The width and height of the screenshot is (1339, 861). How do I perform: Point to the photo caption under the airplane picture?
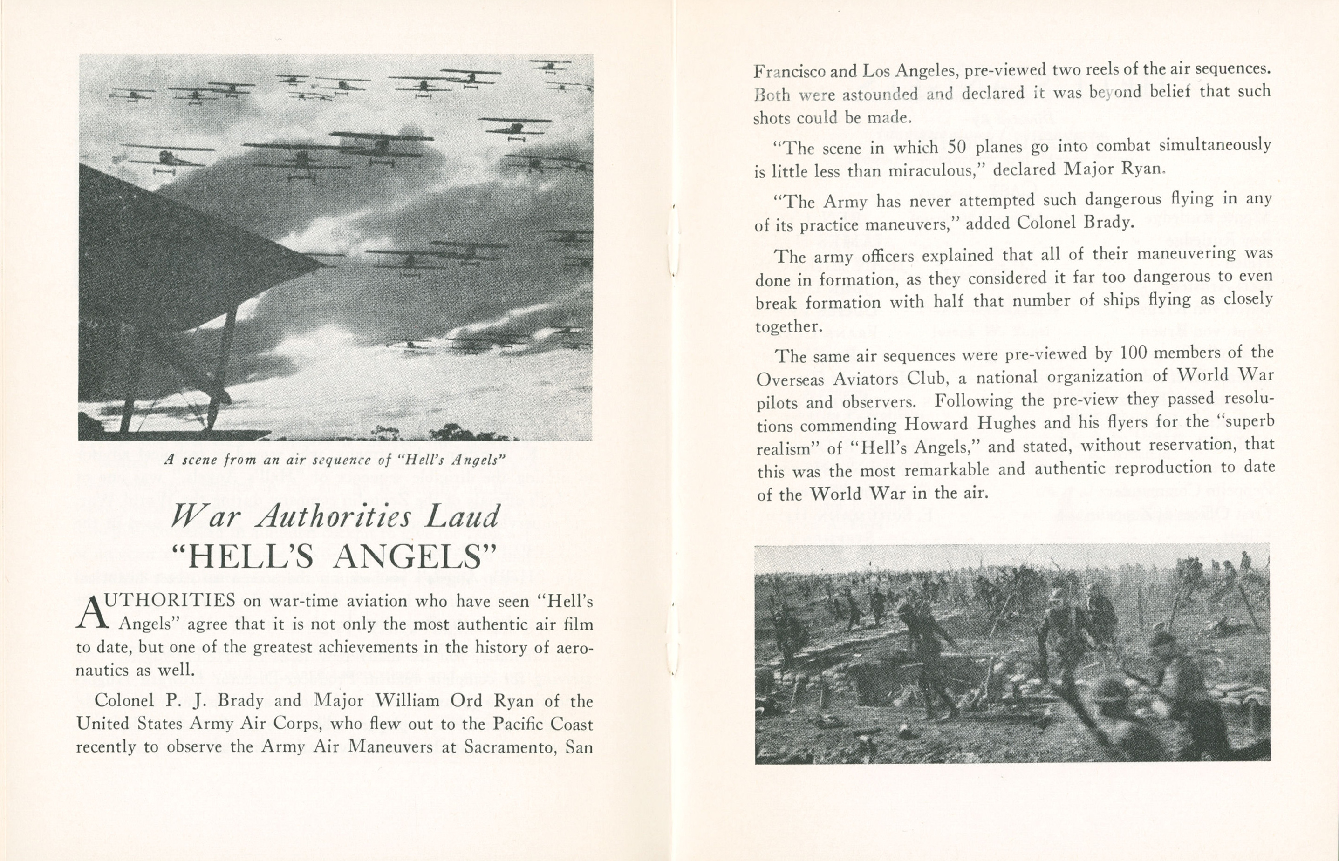[x=335, y=460]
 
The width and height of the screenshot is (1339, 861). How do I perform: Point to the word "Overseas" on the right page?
[x=790, y=379]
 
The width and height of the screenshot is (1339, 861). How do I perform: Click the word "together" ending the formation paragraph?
[x=788, y=326]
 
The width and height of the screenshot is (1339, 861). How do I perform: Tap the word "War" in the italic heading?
[x=205, y=516]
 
